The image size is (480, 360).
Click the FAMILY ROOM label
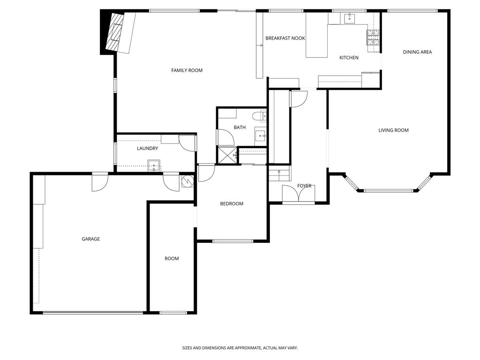pyautogui.click(x=187, y=70)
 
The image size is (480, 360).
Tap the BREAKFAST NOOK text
pyautogui.click(x=285, y=38)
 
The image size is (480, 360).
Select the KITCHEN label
pyautogui.click(x=349, y=58)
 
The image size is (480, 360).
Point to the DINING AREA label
pyautogui.click(x=417, y=52)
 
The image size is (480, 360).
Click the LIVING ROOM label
pyautogui.click(x=393, y=130)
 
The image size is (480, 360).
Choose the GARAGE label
pyautogui.click(x=90, y=239)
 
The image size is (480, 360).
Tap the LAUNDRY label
pyautogui.click(x=147, y=149)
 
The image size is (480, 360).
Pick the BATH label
pyautogui.click(x=240, y=127)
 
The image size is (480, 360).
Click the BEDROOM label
pyautogui.click(x=232, y=204)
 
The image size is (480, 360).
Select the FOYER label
pyautogui.click(x=304, y=186)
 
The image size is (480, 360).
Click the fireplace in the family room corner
pyautogui.click(x=114, y=32)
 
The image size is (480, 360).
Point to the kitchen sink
pyautogui.click(x=349, y=18)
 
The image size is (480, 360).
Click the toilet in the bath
pyautogui.click(x=259, y=115)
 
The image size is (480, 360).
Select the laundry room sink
pyautogui.click(x=154, y=165)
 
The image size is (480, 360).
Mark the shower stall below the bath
pyautogui.click(x=227, y=155)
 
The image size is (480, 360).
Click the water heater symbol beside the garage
pyautogui.click(x=187, y=181)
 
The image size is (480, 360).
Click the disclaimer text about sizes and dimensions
pyautogui.click(x=240, y=348)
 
